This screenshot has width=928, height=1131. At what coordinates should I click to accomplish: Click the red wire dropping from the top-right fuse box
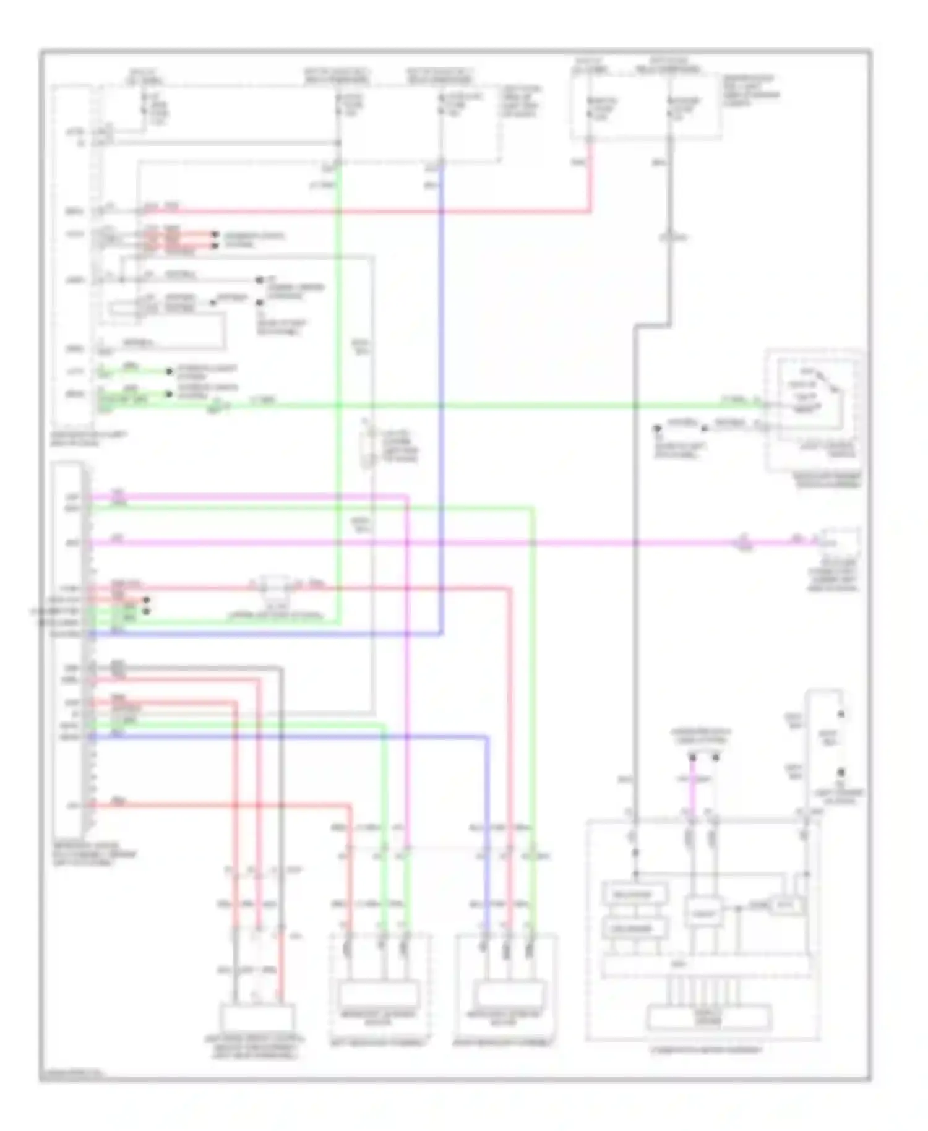[589, 179]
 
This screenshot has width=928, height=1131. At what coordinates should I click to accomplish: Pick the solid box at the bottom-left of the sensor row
[257, 1018]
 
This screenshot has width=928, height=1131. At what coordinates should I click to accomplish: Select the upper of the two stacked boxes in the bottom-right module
[635, 895]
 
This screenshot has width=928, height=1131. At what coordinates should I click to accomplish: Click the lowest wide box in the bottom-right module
[709, 1017]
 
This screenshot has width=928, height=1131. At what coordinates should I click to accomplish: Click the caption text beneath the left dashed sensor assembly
[378, 1043]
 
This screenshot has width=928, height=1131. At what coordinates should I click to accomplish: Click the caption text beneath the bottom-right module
[705, 1050]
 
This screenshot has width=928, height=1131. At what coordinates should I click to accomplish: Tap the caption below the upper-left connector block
[90, 439]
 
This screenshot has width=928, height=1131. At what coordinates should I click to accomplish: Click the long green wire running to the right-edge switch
[495, 406]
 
